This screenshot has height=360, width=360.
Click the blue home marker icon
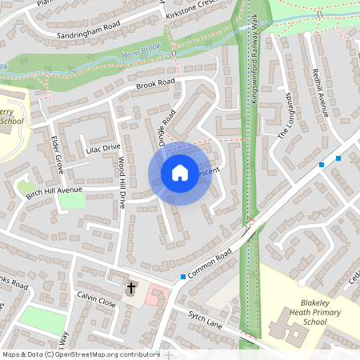tap(180, 173)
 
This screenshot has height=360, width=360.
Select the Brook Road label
tap(154, 83)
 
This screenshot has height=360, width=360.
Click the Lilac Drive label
tap(102, 148)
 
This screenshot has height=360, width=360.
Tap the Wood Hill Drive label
tap(122, 183)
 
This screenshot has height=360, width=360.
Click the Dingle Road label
tap(166, 126)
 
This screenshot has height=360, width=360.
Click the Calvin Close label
tap(96, 302)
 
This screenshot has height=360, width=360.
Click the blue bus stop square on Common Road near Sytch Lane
tap(183, 277)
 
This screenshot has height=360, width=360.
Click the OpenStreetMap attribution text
tap(80, 354)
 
